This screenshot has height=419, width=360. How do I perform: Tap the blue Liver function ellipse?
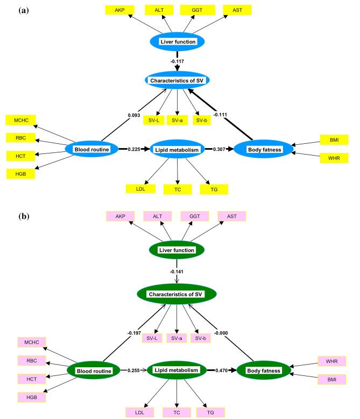177,41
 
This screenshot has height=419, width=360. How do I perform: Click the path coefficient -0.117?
177,61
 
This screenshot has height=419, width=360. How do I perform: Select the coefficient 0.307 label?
220,149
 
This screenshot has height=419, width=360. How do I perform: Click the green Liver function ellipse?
177,250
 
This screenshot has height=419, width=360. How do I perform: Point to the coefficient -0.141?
177,271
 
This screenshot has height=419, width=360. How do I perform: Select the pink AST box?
231,216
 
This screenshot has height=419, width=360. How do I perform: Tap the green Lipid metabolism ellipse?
177,371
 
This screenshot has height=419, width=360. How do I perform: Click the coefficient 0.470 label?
222,371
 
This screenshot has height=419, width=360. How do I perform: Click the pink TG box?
211,412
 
